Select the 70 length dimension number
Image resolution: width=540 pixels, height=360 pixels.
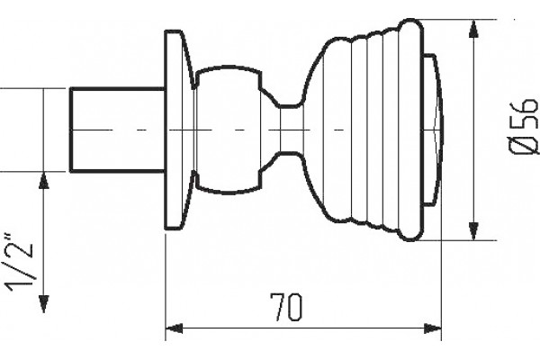click(x=287, y=308)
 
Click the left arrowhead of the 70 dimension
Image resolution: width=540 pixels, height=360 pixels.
click(x=175, y=328)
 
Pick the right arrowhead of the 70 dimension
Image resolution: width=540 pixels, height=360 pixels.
click(x=432, y=328)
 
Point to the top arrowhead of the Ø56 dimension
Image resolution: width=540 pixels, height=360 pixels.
click(x=474, y=29)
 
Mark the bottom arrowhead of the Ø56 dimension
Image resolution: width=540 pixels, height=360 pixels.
click(x=474, y=231)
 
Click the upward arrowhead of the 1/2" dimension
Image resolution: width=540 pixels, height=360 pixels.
click(x=43, y=181)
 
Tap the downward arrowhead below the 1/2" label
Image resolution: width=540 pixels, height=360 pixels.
click(x=43, y=304)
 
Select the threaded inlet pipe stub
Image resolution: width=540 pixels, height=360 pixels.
click(x=117, y=130)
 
